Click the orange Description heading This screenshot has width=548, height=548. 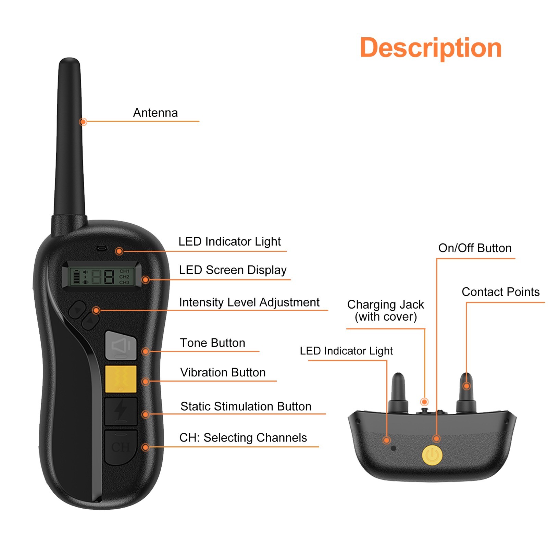click(x=431, y=48)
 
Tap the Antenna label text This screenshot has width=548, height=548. click(x=155, y=113)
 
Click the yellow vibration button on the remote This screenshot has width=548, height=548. click(x=121, y=379)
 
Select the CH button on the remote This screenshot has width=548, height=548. click(x=121, y=447)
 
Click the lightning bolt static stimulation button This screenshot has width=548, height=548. click(x=121, y=411)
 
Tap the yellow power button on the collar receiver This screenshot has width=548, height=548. click(x=432, y=455)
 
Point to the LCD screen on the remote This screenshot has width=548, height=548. click(x=102, y=276)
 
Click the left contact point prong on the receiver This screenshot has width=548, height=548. click(x=398, y=392)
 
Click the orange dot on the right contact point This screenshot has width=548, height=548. click(x=466, y=386)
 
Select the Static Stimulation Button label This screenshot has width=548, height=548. click(x=246, y=406)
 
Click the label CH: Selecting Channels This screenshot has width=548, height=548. click(x=243, y=437)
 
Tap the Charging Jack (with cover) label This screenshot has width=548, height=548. click(x=385, y=310)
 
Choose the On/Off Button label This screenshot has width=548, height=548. click(x=475, y=248)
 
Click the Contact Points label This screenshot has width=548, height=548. click(x=500, y=292)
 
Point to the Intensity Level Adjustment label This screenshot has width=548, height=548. click(x=249, y=302)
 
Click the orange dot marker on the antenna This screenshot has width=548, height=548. click(x=83, y=122)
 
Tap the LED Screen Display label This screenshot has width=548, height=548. click(x=233, y=270)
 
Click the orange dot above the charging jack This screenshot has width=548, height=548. click(x=424, y=401)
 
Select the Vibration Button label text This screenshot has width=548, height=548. click(x=223, y=372)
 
